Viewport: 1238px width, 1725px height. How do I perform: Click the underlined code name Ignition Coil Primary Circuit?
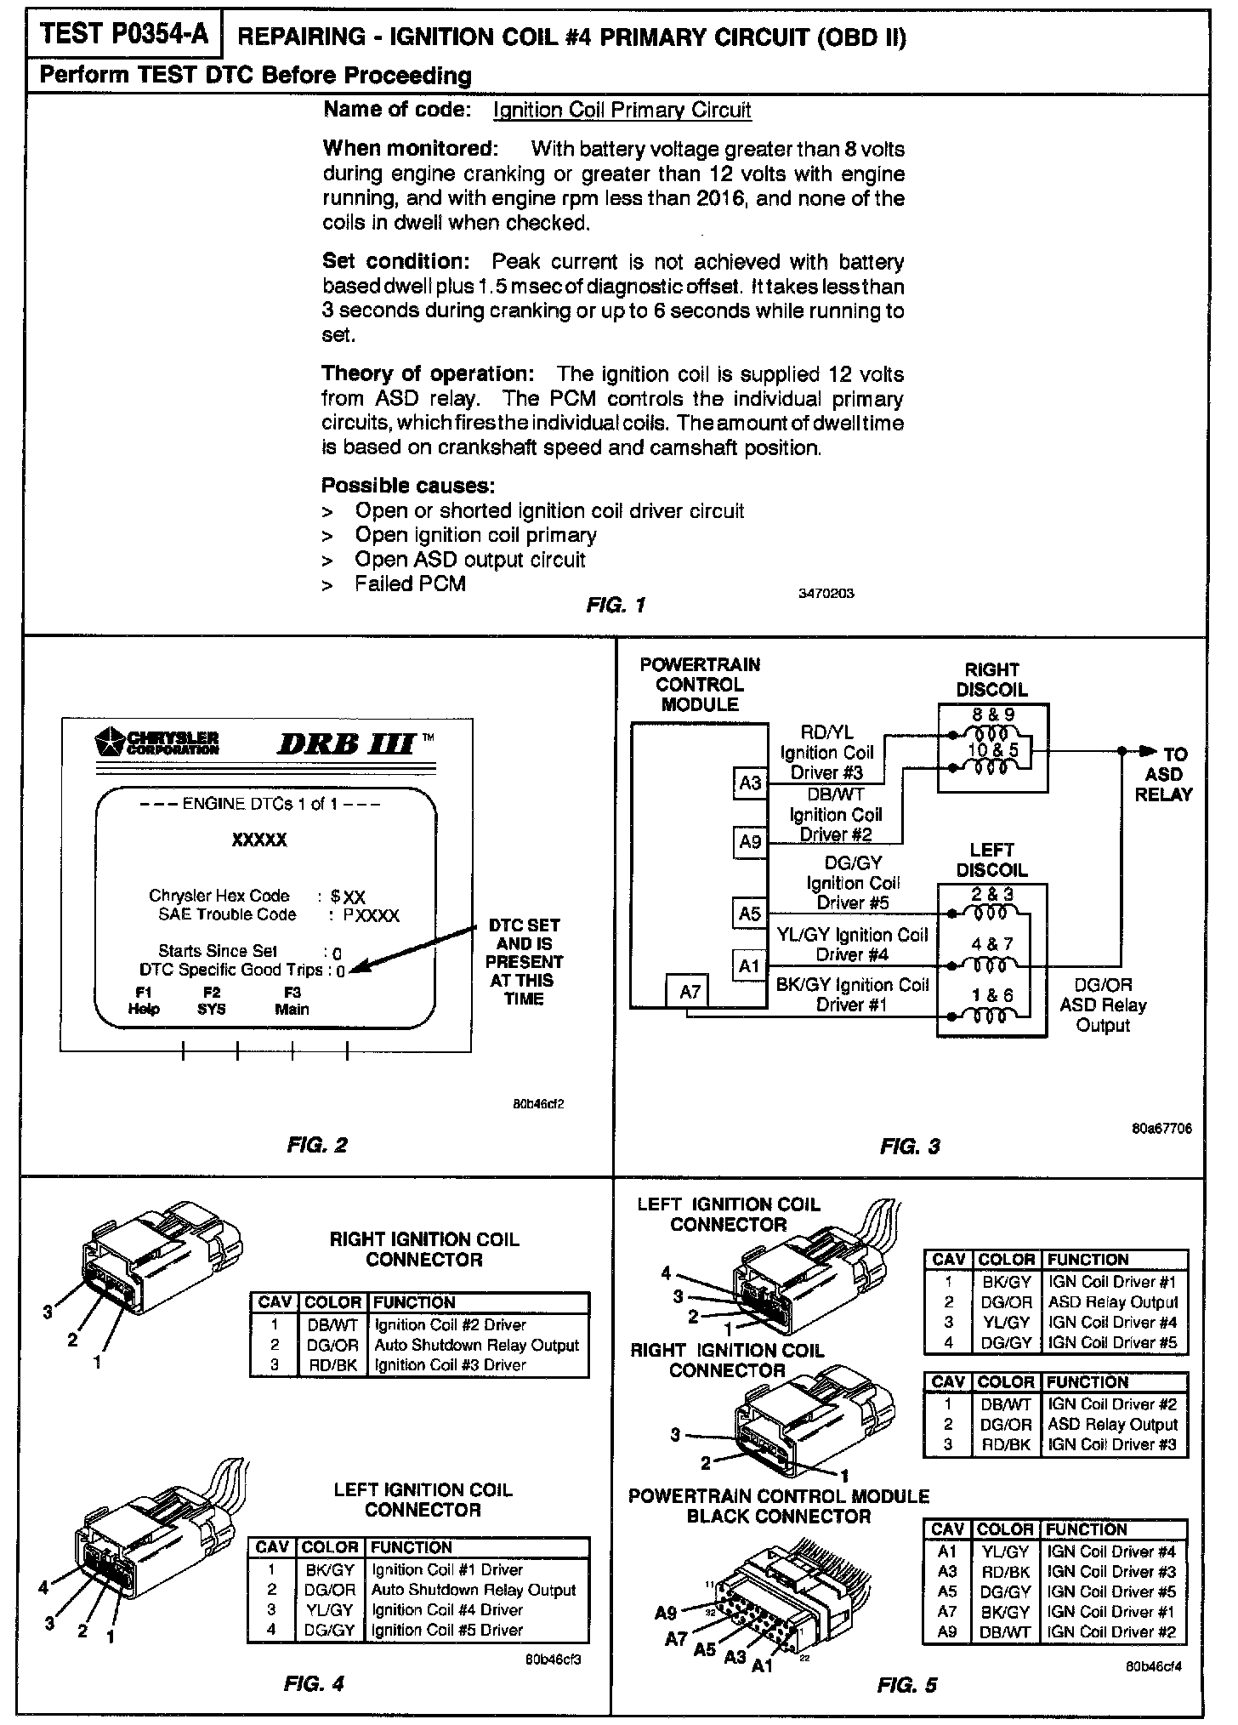coord(622,111)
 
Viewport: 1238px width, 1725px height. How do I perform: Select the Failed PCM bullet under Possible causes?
coord(410,584)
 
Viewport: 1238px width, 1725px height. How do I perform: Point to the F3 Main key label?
coord(292,1001)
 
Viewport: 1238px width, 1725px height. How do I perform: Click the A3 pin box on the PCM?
coord(749,783)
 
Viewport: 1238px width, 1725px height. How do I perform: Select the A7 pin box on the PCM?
coord(690,991)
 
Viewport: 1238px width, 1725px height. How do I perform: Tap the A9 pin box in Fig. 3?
coord(749,842)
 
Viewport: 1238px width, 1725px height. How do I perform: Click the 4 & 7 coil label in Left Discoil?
coord(991,944)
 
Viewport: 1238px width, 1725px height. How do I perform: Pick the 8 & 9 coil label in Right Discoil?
coord(993,715)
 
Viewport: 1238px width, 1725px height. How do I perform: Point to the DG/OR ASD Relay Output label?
coord(1103,1005)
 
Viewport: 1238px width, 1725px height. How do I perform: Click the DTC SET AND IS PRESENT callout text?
coord(524,961)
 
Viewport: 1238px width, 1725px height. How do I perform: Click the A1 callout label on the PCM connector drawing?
coord(763,1666)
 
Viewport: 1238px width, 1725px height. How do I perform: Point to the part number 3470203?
coord(826,594)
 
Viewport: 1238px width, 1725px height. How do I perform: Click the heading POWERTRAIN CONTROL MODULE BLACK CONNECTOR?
coord(778,1506)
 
